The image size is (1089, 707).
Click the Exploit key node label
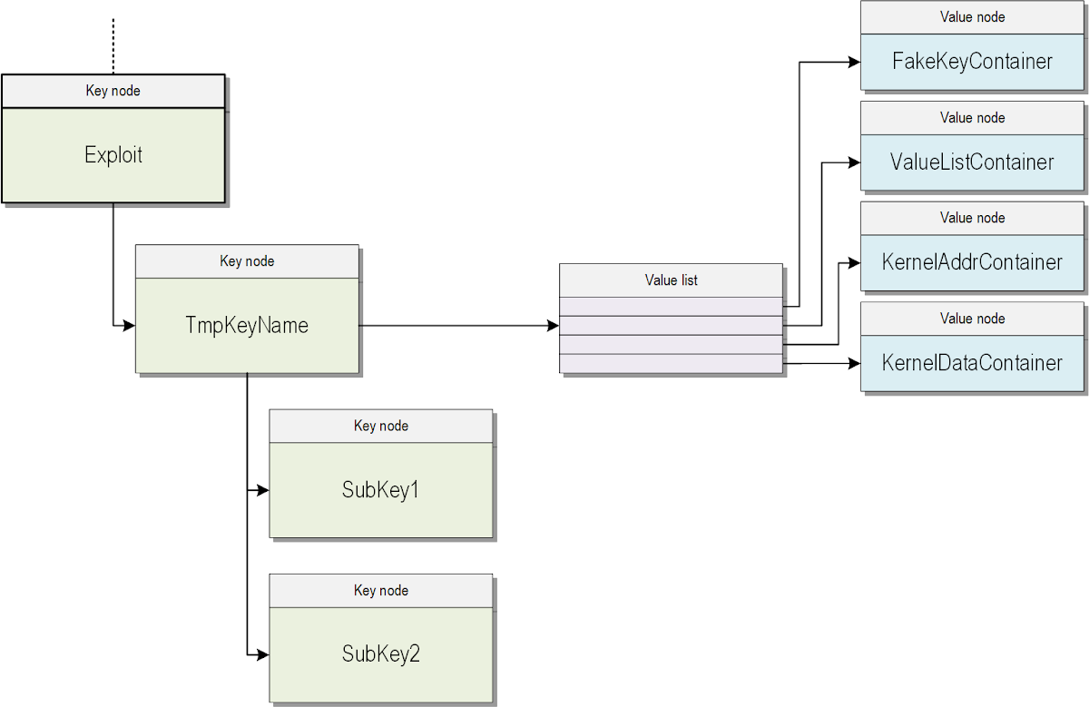pos(113,155)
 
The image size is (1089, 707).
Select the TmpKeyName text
pos(247,325)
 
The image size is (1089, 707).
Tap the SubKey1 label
pos(380,490)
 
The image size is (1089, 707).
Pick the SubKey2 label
pos(380,654)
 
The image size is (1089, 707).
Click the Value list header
pos(671,280)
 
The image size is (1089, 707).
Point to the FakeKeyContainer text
pos(972,62)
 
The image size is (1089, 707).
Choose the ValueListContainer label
pos(972,162)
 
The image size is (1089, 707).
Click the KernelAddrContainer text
pos(972,262)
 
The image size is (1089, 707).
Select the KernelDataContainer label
pos(972,363)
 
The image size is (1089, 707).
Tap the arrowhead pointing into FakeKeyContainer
pos(854,62)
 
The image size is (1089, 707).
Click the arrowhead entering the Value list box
pos(553,325)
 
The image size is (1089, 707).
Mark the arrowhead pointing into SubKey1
pos(263,490)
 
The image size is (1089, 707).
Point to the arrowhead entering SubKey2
pos(263,654)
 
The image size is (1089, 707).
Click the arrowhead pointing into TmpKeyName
pos(129,325)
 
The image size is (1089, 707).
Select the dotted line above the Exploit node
pos(113,45)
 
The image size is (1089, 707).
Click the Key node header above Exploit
pos(113,91)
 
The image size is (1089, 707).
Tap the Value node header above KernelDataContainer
pos(972,319)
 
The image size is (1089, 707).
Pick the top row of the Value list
pos(671,306)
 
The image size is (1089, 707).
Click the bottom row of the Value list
pos(671,363)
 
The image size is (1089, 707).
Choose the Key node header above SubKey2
pos(380,591)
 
